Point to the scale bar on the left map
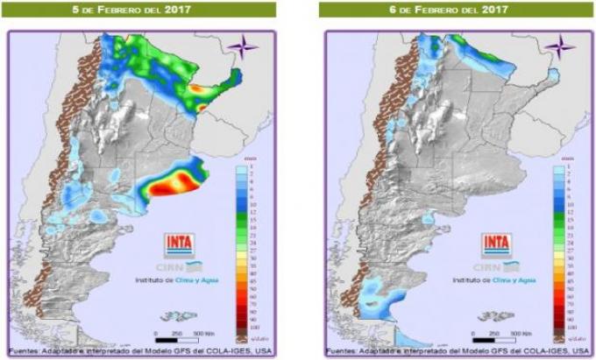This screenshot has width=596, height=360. click(180, 337)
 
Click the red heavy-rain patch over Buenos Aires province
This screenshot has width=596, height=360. click(173, 184)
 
